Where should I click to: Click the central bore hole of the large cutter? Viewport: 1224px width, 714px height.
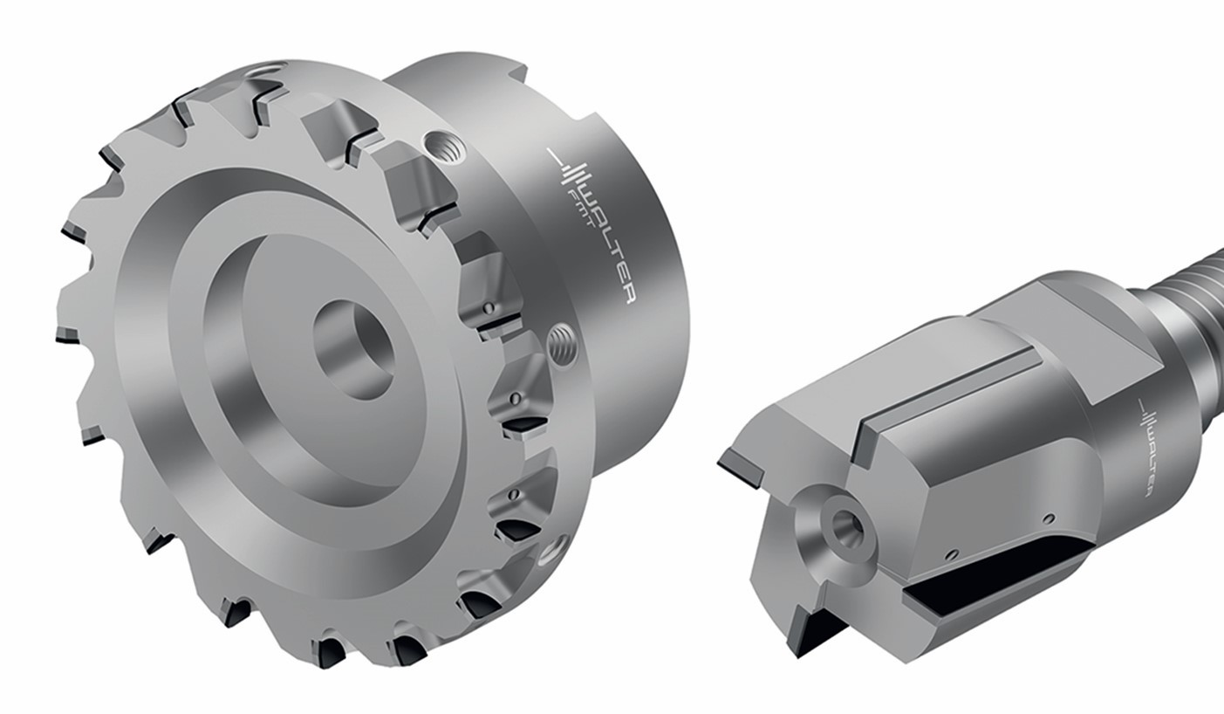pyautogui.click(x=353, y=349)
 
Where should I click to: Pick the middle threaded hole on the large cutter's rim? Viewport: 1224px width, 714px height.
pyautogui.click(x=563, y=343)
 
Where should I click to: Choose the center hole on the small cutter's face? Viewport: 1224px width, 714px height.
pyautogui.click(x=844, y=525)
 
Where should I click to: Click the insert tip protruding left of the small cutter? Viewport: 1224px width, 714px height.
pyautogui.click(x=740, y=465)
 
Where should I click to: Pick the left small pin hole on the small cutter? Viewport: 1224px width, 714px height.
pyautogui.click(x=953, y=552)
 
